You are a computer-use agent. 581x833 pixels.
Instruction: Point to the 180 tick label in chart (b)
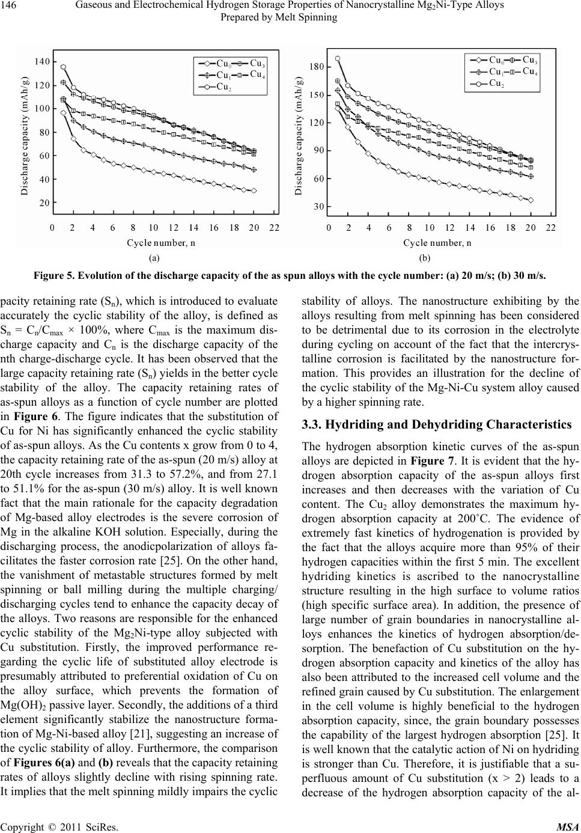coord(318,67)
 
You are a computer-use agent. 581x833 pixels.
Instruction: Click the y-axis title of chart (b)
coord(299,136)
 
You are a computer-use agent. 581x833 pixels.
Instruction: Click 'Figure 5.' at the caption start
coord(55,276)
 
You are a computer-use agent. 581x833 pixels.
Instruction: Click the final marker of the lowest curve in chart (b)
coord(531,200)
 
